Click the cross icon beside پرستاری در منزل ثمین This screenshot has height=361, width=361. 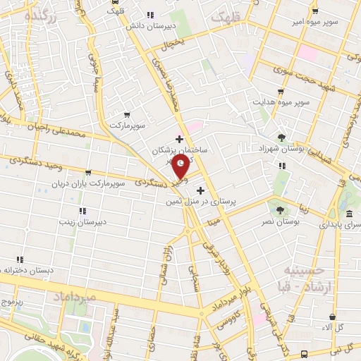coord(201,190)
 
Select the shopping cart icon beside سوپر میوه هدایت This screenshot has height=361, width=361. coord(281,92)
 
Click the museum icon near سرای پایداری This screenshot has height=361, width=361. coord(349,214)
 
